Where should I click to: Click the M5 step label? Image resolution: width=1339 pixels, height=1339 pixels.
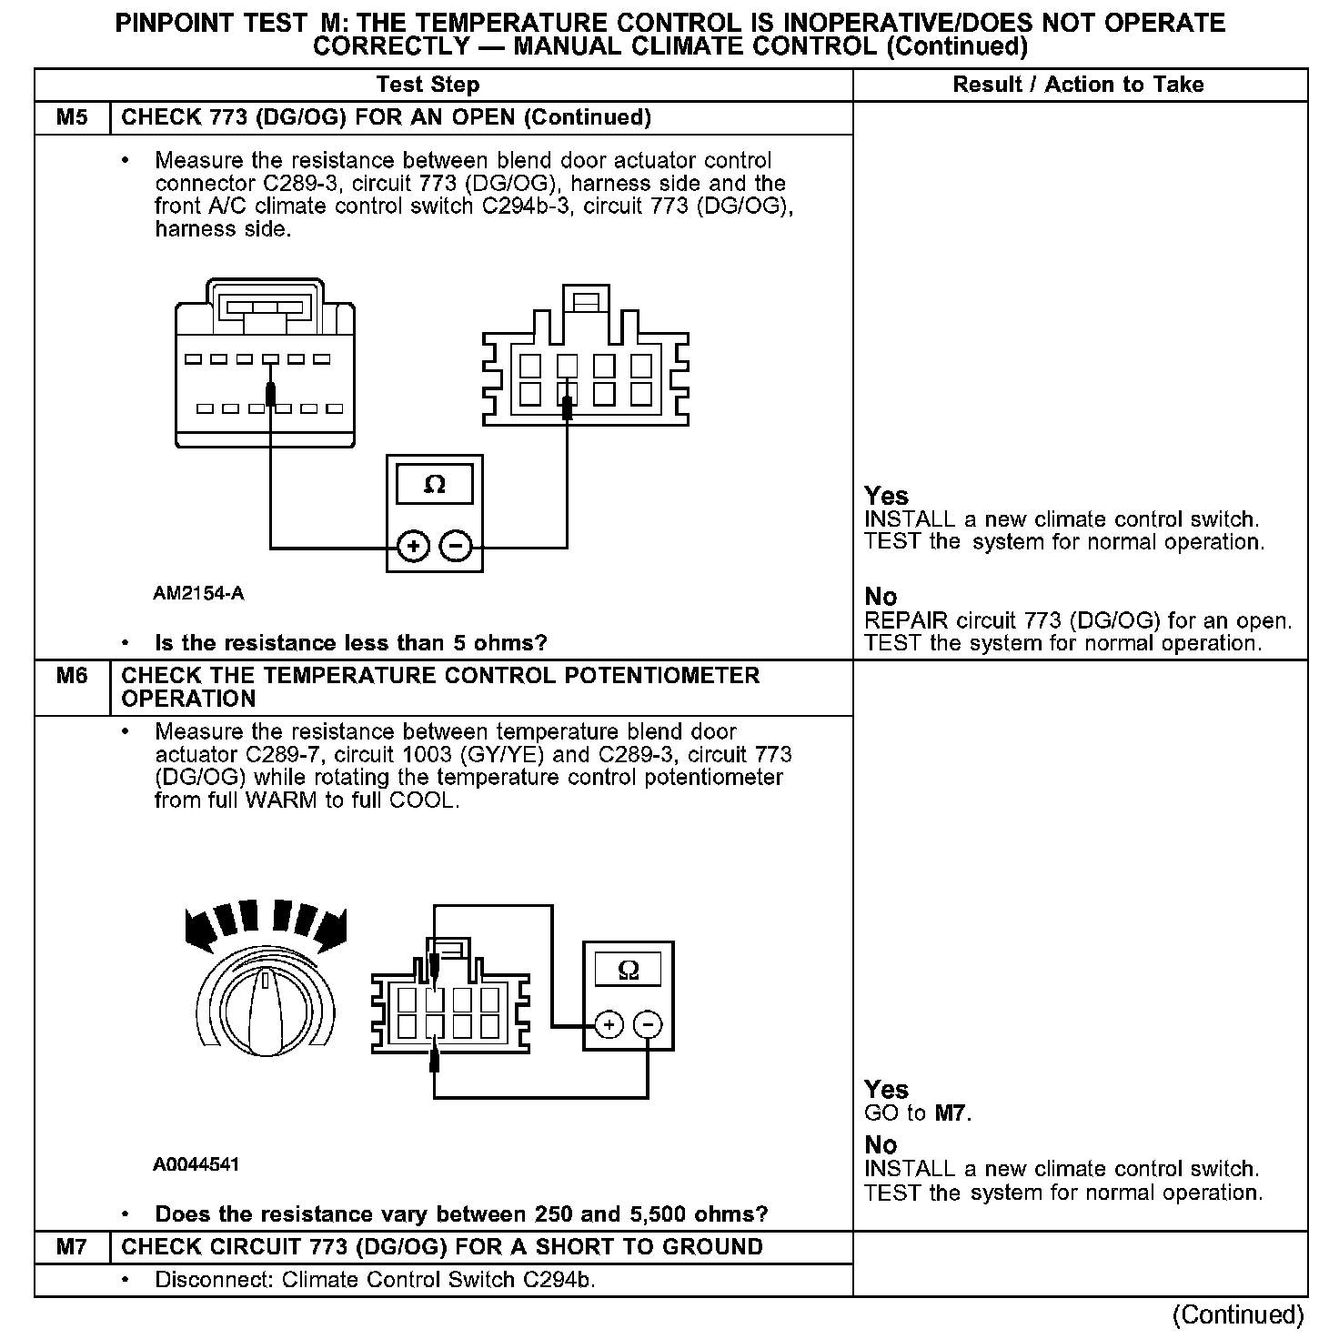[72, 117]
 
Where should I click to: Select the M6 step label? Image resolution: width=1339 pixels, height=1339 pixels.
[72, 676]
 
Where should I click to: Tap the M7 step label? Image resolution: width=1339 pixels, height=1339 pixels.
[72, 1247]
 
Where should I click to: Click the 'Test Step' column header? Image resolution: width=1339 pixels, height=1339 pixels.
[428, 85]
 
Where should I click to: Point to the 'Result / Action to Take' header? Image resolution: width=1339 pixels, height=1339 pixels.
[1078, 85]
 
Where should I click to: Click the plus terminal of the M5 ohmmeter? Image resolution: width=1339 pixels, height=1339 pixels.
[413, 547]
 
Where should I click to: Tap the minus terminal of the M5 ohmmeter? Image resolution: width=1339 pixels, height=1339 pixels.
[456, 547]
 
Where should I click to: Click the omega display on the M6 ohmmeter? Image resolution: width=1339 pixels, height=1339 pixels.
[628, 970]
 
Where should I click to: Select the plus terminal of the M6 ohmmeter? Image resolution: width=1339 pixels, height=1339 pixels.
[609, 1025]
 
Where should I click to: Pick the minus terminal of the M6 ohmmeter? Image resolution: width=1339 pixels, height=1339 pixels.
[648, 1025]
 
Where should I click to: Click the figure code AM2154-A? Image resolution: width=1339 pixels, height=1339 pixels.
[198, 594]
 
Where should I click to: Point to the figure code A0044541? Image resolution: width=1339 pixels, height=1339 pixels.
[196, 1164]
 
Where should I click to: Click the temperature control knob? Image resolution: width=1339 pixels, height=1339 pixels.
[264, 1001]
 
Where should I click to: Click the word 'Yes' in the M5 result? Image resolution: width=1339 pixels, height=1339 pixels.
[886, 497]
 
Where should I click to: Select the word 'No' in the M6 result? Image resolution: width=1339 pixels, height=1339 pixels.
[881, 1145]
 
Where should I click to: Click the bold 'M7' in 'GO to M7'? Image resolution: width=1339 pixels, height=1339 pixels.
[950, 1113]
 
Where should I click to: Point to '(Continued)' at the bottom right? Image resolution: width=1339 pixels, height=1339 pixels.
[1238, 1314]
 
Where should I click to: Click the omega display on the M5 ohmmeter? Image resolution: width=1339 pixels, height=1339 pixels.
[435, 485]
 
